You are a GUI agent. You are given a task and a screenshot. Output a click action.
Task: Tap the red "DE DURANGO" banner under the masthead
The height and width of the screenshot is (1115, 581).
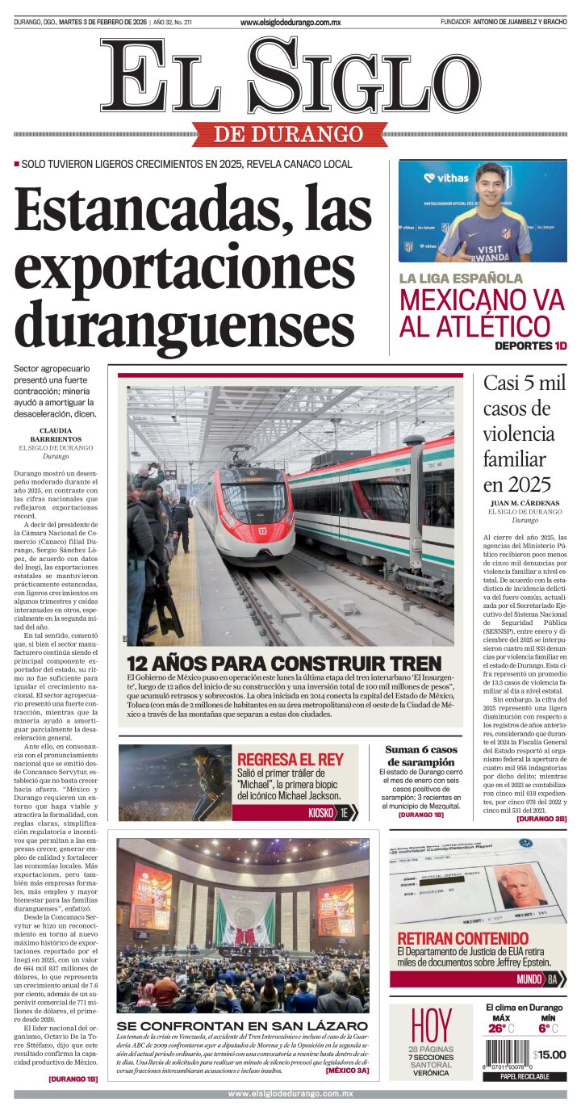coord(289,134)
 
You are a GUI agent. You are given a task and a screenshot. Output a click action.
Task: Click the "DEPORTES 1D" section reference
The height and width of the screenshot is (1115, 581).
coord(530,346)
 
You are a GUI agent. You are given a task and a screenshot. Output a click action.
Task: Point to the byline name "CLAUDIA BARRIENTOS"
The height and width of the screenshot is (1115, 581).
coord(56,434)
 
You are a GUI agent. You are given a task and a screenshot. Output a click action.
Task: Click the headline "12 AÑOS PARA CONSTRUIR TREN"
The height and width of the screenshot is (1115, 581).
coord(284,663)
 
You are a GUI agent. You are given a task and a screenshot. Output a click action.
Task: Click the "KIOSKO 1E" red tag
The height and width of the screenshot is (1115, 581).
coord(333,813)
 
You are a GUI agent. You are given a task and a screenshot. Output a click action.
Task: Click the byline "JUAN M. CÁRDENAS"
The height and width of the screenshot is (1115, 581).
coord(525,502)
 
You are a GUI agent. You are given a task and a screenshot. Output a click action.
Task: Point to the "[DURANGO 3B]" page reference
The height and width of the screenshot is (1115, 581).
coord(541,819)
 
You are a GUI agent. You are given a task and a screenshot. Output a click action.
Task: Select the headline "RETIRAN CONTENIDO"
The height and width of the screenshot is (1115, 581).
coord(462,938)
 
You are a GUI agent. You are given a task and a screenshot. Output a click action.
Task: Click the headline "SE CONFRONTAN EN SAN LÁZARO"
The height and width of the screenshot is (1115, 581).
coord(242,1025)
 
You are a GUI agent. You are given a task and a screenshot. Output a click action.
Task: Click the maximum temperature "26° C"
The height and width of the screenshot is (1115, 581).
coord(500,1028)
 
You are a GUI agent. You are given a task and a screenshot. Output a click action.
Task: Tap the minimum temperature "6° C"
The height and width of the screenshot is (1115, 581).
coord(548,1028)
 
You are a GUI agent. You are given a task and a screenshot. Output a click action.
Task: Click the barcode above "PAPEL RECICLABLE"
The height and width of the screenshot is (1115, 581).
coord(506,1054)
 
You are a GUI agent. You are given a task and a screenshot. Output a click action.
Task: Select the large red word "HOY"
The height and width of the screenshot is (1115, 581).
coord(431,1025)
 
